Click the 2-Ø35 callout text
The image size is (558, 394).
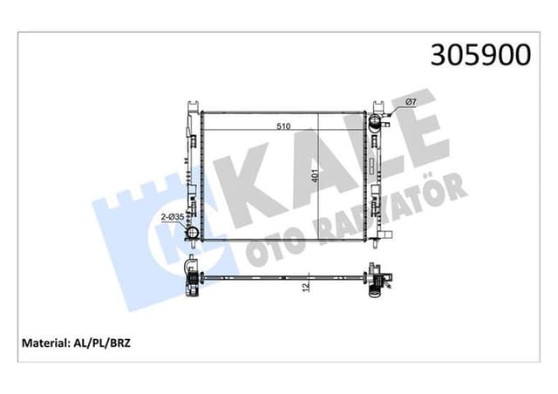[x=172, y=217]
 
